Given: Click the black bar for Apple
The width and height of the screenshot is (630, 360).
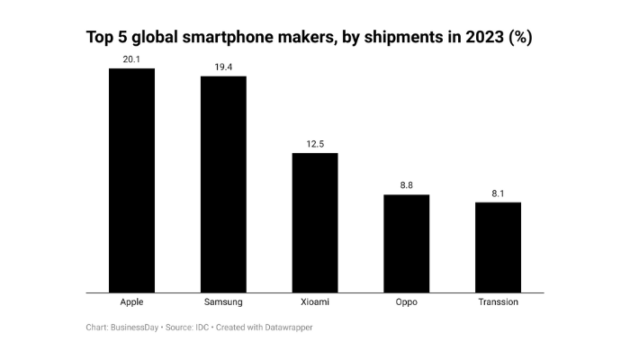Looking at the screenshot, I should tap(131, 180).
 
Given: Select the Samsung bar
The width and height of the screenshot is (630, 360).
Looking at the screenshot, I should tap(223, 184).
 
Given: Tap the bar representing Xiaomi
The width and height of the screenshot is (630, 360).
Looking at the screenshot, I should tap(315, 222).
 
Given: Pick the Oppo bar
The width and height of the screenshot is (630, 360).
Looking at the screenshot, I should tap(407, 243).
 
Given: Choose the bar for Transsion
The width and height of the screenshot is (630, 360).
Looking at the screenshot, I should tap(498, 247).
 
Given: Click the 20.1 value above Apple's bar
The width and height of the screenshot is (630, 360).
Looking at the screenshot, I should tap(131, 59).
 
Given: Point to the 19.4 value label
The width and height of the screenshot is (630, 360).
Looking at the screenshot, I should tap(223, 67).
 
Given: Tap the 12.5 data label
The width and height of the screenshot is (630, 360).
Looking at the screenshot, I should tap(315, 144).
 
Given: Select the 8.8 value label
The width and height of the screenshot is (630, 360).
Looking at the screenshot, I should tap(407, 185).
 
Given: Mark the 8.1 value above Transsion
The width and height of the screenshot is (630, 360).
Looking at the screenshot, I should tap(498, 193).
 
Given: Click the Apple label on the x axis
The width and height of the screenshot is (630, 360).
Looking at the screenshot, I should tap(131, 301).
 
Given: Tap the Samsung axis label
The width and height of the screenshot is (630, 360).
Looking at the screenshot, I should tap(223, 301).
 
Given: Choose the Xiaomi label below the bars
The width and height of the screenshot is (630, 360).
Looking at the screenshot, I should tap(315, 301).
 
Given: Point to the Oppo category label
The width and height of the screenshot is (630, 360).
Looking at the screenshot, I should tap(407, 301).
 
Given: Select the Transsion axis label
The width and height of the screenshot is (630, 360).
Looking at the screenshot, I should tap(498, 301).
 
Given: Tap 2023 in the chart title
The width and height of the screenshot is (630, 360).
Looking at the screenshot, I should tap(479, 37).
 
